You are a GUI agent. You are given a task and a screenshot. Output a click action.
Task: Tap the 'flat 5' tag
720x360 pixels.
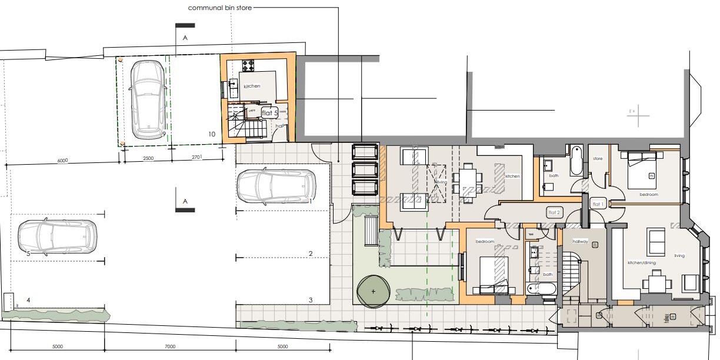(x=269, y=113)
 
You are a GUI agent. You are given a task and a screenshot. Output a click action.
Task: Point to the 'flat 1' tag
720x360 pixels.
(x=598, y=204)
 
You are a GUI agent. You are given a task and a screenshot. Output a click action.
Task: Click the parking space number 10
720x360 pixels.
(x=212, y=134)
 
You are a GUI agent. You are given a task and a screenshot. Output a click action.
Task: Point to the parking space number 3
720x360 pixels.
(x=311, y=300)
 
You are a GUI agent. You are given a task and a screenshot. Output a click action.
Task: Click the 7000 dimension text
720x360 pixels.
(x=170, y=346)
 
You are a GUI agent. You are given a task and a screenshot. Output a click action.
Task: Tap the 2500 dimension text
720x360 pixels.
(x=149, y=158)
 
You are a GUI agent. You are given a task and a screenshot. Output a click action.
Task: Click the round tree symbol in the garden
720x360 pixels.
(x=374, y=291)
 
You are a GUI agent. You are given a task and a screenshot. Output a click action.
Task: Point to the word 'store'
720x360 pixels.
(x=598, y=158)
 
